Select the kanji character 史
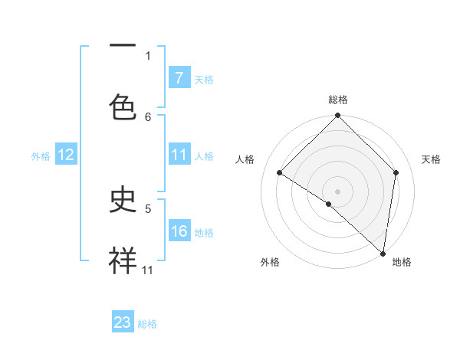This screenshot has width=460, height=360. click(x=123, y=201)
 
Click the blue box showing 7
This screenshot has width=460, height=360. click(x=179, y=78)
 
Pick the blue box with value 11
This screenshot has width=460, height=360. click(x=179, y=155)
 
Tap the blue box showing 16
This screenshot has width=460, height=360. click(x=179, y=231)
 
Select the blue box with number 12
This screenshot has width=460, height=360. click(x=65, y=155)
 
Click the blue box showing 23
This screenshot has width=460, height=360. click(x=123, y=323)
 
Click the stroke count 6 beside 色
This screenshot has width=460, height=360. click(x=148, y=116)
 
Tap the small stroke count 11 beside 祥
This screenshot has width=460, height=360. click(x=147, y=270)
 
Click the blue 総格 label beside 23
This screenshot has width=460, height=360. click(x=147, y=324)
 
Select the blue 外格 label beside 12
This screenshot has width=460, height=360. click(x=41, y=156)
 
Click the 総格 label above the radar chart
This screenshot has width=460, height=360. click(x=338, y=100)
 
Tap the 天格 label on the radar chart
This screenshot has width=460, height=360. click(x=432, y=159)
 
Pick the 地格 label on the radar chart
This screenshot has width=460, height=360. click(x=402, y=262)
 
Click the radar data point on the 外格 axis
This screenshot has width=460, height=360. click(x=329, y=204)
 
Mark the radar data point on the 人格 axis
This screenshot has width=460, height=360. click(x=280, y=172)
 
